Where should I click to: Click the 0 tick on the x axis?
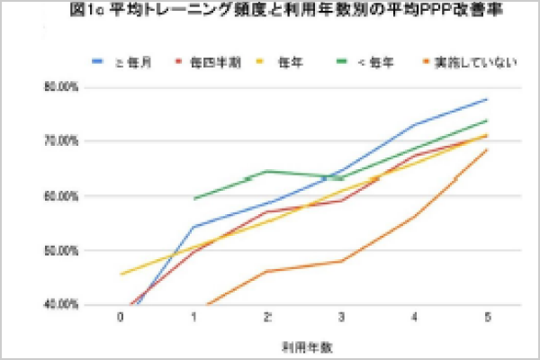(120, 317)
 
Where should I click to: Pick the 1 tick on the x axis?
(193, 317)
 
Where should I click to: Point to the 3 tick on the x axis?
(340, 317)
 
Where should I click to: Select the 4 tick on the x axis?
(413, 317)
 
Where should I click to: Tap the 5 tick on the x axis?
(487, 317)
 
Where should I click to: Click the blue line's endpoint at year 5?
(487, 99)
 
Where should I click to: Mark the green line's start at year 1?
(193, 198)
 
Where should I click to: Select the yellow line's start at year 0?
(121, 274)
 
